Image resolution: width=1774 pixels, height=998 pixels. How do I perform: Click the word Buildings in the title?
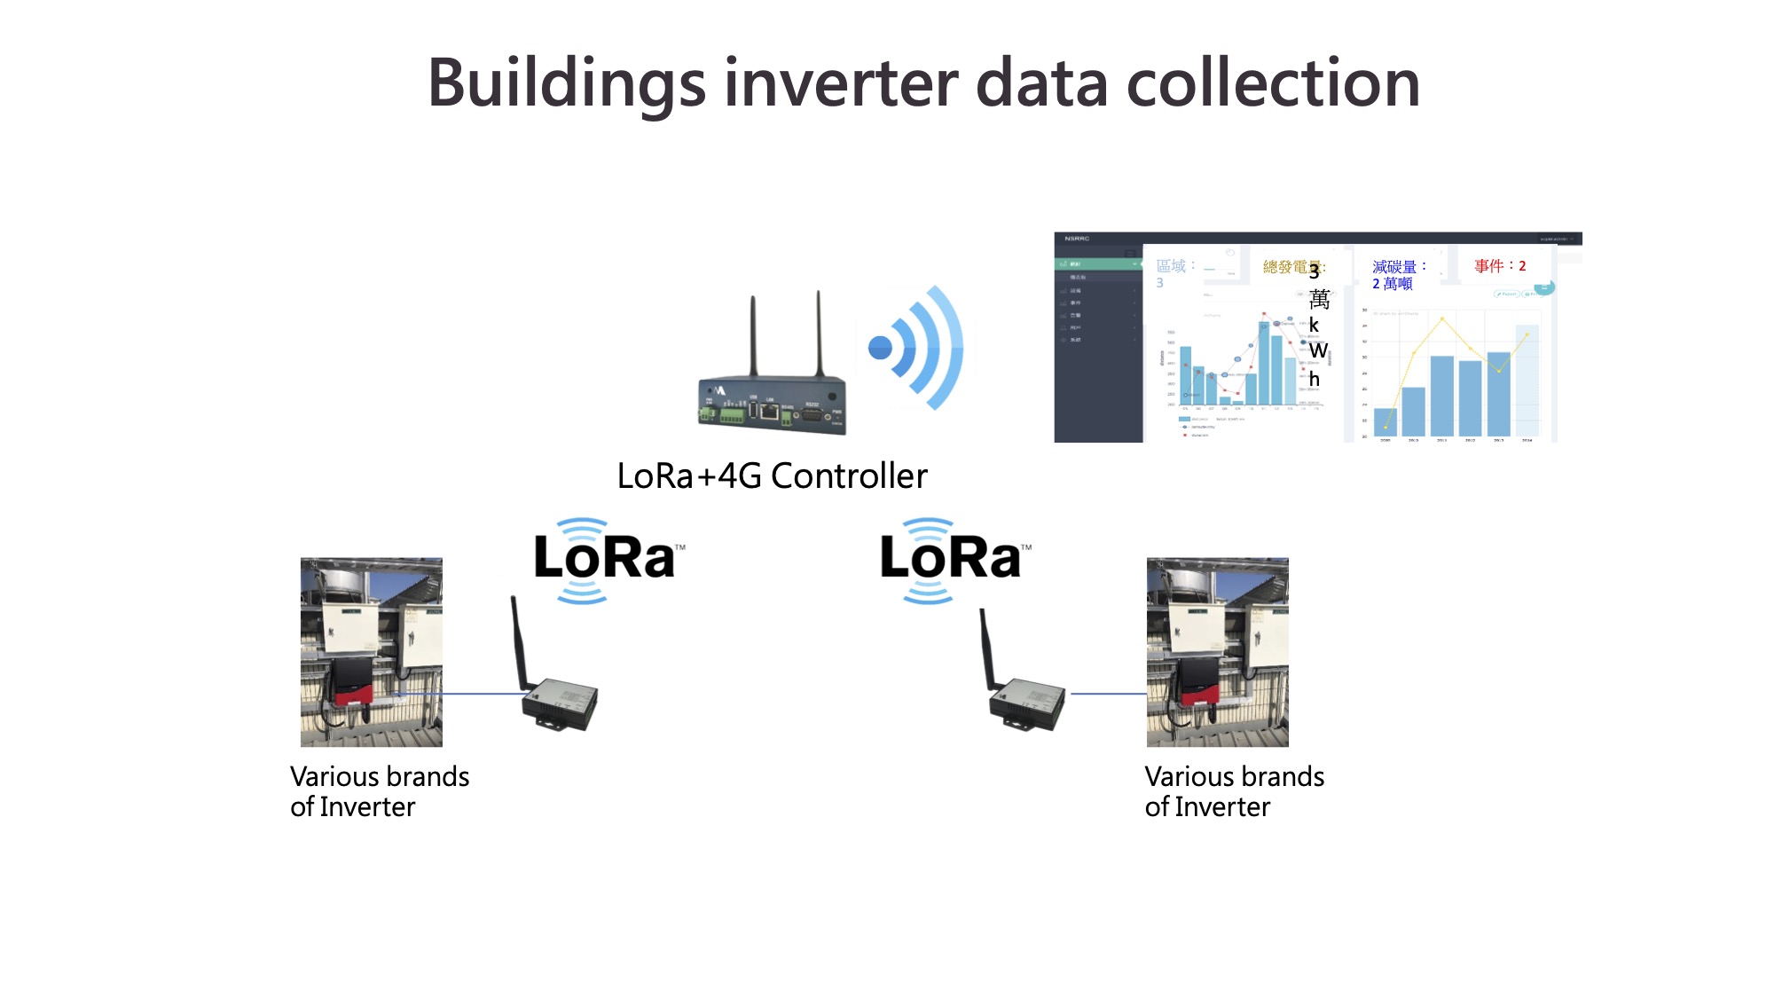click(x=566, y=84)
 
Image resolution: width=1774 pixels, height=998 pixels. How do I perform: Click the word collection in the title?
click(x=1272, y=84)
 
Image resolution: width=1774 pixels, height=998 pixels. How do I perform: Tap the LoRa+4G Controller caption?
click(x=772, y=476)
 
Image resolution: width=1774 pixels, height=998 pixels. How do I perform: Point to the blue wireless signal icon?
click(x=914, y=348)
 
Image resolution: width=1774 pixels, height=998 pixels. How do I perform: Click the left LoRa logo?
click(x=607, y=559)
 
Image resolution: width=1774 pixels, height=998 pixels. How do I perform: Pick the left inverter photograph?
click(x=371, y=652)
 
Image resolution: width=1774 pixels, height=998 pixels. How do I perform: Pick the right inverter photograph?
click(x=1217, y=652)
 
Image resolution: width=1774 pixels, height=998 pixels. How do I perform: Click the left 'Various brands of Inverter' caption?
click(x=379, y=791)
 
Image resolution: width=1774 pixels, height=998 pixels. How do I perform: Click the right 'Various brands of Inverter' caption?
click(x=1234, y=791)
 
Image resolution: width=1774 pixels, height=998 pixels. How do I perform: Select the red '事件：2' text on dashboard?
click(x=1500, y=266)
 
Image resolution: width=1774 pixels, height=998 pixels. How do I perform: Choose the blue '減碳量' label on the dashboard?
click(x=1393, y=266)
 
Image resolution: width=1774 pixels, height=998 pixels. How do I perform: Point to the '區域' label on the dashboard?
click(x=1171, y=266)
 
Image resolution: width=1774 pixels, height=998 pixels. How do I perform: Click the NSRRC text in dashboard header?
click(x=1077, y=239)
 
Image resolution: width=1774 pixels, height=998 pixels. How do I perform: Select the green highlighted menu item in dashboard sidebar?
click(x=1097, y=264)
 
